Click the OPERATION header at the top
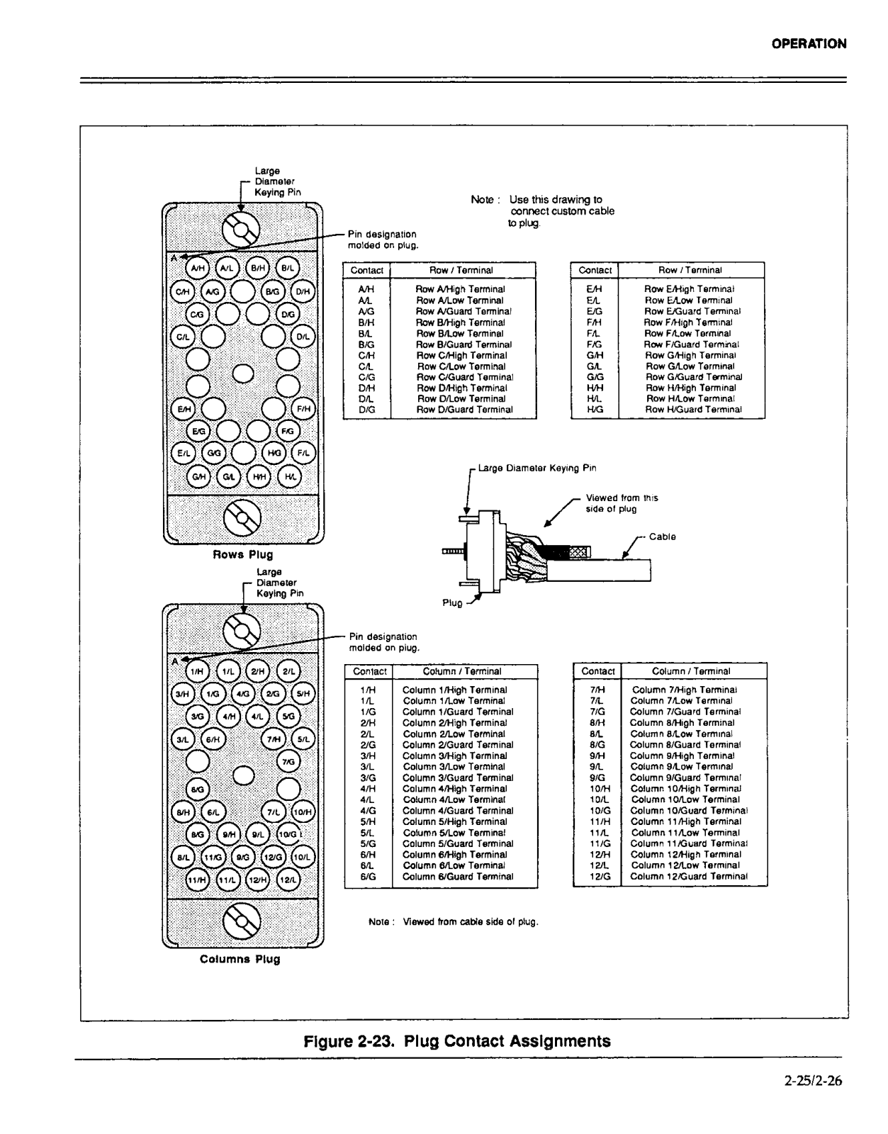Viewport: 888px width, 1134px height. click(809, 44)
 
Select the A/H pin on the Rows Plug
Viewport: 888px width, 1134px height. click(198, 269)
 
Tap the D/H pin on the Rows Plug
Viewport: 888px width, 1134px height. click(303, 291)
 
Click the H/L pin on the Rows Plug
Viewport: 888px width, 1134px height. click(289, 477)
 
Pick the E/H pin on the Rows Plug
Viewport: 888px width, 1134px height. click(184, 409)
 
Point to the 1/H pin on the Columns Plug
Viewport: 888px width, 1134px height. click(198, 671)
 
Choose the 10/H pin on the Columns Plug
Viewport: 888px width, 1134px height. click(303, 812)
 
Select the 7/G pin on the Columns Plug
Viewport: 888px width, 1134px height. click(288, 762)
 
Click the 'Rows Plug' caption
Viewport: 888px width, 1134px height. click(242, 555)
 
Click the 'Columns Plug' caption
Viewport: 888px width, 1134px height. click(240, 960)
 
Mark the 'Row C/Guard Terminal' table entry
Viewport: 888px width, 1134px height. click(464, 378)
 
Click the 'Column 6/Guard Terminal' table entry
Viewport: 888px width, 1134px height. click(458, 877)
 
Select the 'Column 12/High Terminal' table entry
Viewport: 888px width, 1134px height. click(685, 855)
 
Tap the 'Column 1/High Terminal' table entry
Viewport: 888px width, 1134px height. click(455, 690)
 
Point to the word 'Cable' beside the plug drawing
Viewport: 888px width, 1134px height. click(662, 537)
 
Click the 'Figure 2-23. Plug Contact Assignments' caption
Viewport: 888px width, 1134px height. click(456, 1041)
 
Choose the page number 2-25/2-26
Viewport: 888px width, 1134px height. click(813, 1082)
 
